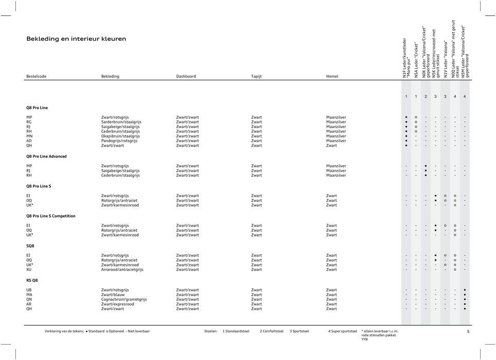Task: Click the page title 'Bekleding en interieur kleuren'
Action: pyautogui.click(x=76, y=39)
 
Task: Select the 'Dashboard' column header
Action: pyautogui.click(x=186, y=76)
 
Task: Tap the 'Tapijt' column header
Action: pyautogui.click(x=256, y=76)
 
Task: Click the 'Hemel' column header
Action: pyautogui.click(x=332, y=76)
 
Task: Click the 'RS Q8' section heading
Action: pyautogui.click(x=32, y=280)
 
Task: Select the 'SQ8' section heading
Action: pyautogui.click(x=30, y=246)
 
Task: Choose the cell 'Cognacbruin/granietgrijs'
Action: pyautogui.click(x=123, y=299)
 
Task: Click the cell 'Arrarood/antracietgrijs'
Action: pyautogui.click(x=122, y=269)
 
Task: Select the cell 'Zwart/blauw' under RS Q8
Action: pyautogui.click(x=113, y=295)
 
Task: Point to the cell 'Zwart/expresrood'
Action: pyautogui.click(x=117, y=304)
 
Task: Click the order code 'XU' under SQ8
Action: pyautogui.click(x=29, y=269)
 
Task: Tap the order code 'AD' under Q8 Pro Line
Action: pyautogui.click(x=29, y=140)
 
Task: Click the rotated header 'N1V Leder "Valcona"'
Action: pyautogui.click(x=446, y=60)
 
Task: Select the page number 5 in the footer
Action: pyautogui.click(x=468, y=331)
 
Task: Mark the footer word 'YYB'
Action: pyautogui.click(x=364, y=339)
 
